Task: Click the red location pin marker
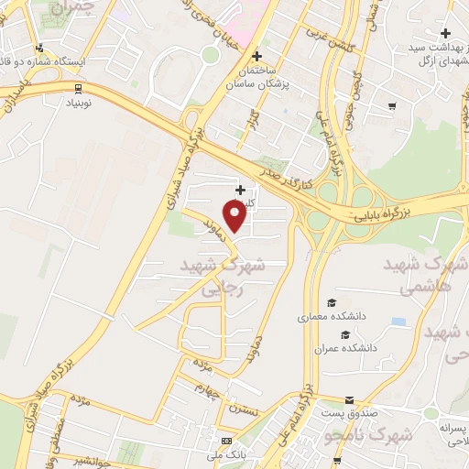click(235, 217)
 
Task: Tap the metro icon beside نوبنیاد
click(79, 89)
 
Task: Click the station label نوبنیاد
click(81, 103)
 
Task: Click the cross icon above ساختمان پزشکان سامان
click(257, 56)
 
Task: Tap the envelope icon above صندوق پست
click(349, 400)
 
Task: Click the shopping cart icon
click(392, 106)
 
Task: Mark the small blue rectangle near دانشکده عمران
click(398, 322)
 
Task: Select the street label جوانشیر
click(91, 462)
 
